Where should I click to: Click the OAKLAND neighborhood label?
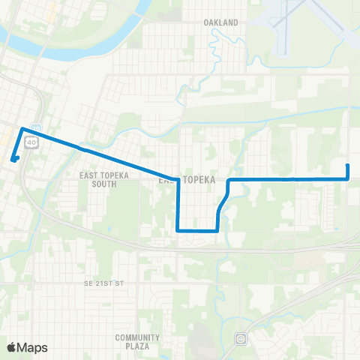pyautogui.click(x=220, y=22)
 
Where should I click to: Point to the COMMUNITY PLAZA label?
pyautogui.click(x=138, y=342)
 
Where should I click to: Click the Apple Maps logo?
pyautogui.click(x=27, y=347)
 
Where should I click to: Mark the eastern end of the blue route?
pyautogui.click(x=348, y=165)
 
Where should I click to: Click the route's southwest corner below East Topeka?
pyautogui.click(x=178, y=230)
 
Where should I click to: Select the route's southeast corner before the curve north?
pyautogui.click(x=217, y=230)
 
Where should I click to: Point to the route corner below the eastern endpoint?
pyautogui.click(x=348, y=179)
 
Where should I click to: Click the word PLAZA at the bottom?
pyautogui.click(x=138, y=347)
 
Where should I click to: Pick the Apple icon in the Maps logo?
pyautogui.click(x=12, y=347)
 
